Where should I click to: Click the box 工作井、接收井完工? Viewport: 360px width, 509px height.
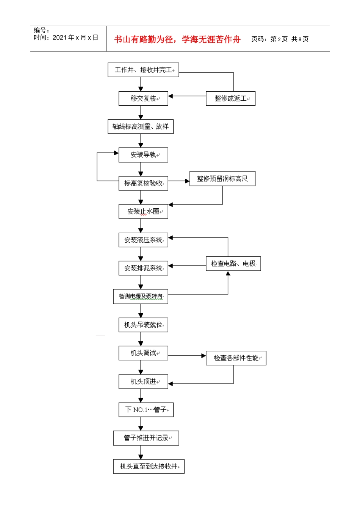point(143,70)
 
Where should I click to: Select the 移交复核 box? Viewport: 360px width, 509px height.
point(143,98)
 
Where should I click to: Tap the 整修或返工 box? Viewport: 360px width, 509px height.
point(230,98)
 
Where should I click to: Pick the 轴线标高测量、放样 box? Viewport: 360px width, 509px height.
point(141,126)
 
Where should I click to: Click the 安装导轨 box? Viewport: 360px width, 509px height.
point(143,155)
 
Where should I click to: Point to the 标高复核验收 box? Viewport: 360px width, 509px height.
point(143,183)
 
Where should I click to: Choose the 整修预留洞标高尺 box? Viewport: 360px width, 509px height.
point(222,179)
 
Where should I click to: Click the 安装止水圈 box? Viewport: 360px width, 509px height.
point(143,211)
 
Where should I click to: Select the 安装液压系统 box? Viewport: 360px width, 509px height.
point(143,240)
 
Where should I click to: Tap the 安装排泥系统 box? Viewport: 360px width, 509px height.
point(143,268)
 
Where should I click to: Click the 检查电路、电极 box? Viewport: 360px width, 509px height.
point(233,264)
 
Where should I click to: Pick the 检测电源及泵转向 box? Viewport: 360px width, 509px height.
point(141,297)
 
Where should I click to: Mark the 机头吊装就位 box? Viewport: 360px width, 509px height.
point(143,325)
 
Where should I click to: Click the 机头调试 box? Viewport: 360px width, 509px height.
point(143,353)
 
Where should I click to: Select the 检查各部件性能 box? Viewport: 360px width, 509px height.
point(236,358)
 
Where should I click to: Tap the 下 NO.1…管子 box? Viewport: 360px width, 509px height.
point(146,410)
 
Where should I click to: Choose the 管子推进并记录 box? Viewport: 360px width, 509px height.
point(146,438)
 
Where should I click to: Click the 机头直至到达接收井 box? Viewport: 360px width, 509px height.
point(149,467)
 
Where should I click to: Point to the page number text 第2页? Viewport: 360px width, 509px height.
point(279,39)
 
